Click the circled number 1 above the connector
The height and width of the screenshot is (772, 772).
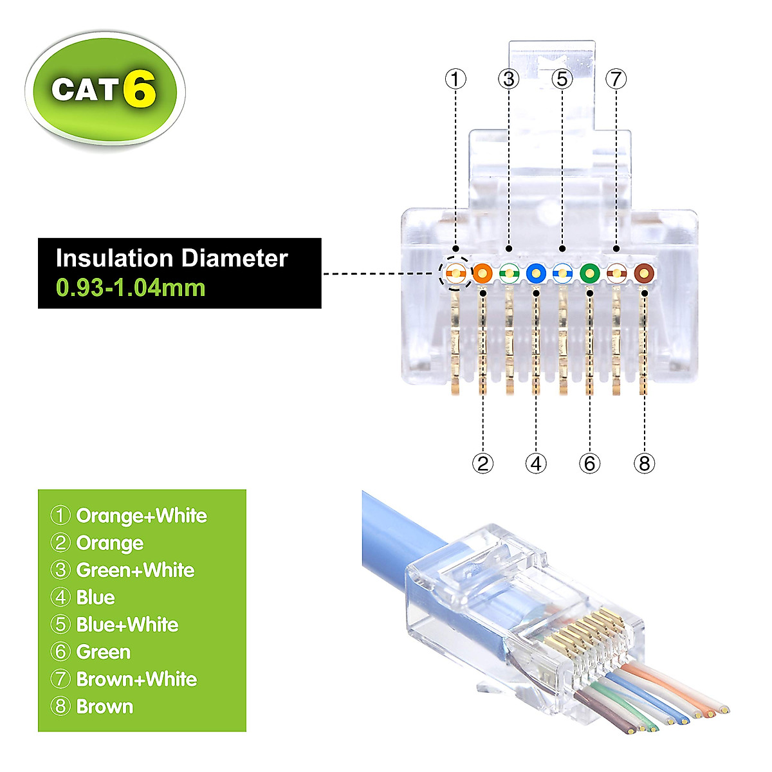point(455,79)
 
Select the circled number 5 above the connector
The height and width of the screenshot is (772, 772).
point(562,79)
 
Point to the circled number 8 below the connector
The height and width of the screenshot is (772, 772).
point(644,463)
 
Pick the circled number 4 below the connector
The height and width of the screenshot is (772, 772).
point(536,463)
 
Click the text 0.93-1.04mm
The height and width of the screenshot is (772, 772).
point(131,287)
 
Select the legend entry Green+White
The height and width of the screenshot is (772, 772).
point(135,570)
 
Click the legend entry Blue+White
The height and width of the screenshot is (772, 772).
point(127,625)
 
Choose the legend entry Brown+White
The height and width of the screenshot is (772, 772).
point(136,679)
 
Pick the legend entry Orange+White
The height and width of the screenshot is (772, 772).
point(142,515)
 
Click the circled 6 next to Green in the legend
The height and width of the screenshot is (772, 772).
point(60,652)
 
